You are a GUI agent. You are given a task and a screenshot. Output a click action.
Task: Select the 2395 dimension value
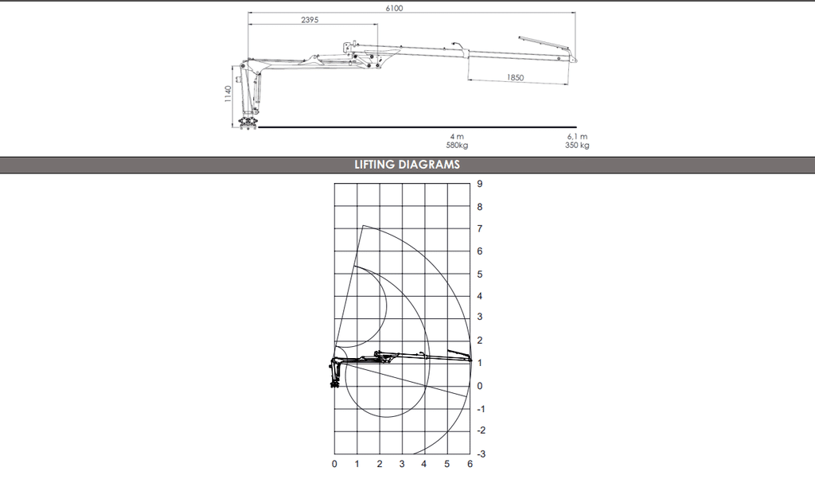coord(310,20)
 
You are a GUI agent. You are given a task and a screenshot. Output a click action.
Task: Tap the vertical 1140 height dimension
coord(228,94)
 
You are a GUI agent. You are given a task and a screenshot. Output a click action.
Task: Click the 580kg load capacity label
coord(457,145)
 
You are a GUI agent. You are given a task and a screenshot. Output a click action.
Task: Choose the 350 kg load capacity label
coord(578,145)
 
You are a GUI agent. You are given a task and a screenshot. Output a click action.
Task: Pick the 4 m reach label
coord(457,136)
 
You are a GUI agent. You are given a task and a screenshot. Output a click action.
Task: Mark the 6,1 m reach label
coord(578,136)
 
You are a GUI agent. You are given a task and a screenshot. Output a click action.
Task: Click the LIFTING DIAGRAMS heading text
coord(407,165)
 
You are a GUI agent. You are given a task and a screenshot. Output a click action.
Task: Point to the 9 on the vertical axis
coord(479,183)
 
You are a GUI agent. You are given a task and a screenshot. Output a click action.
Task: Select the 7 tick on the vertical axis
coord(479,228)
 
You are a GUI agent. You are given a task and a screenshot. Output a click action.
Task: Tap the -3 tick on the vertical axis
coord(481,454)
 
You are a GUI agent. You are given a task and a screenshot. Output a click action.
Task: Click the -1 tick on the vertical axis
coord(481,408)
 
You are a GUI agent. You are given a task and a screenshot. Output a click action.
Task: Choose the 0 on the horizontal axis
coord(334,464)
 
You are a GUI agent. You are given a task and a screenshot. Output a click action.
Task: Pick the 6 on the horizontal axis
coord(470,464)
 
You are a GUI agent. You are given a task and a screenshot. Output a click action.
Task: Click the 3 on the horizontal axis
coord(402,464)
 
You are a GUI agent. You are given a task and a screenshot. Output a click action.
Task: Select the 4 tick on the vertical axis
coord(479,296)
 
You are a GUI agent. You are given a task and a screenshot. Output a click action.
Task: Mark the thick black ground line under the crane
coord(414,127)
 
